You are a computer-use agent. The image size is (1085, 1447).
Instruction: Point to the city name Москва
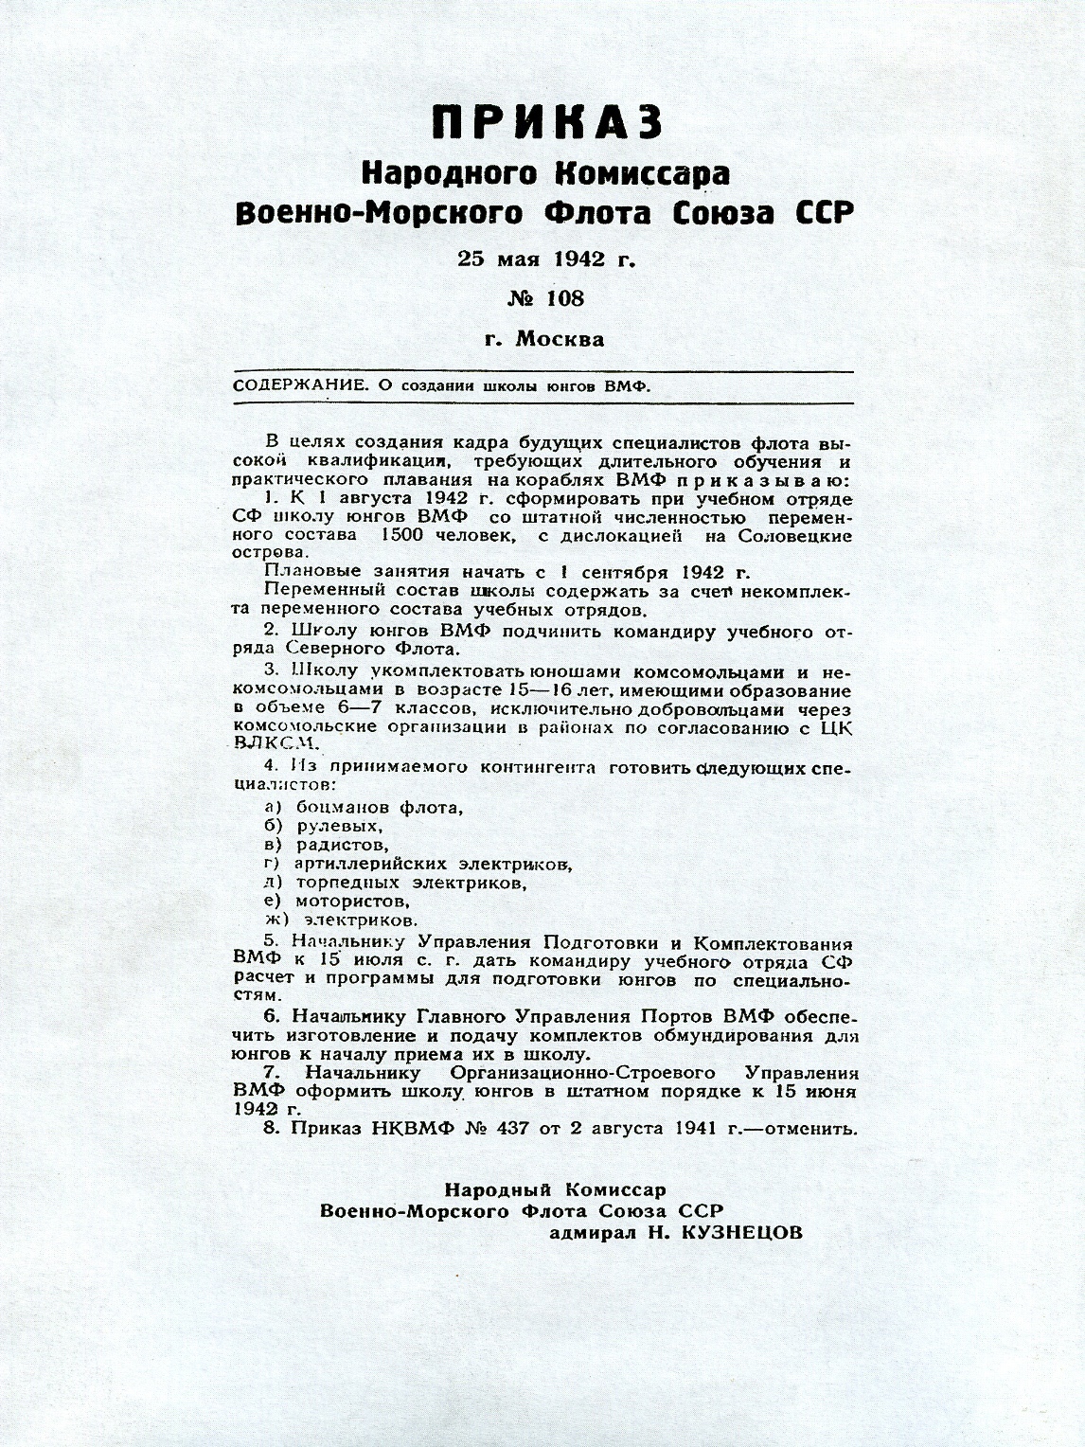point(560,339)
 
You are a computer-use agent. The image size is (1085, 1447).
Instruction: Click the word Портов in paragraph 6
point(680,1017)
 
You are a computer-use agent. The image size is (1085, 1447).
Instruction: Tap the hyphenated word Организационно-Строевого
point(583,1073)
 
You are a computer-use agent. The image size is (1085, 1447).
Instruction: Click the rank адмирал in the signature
point(593,1234)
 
